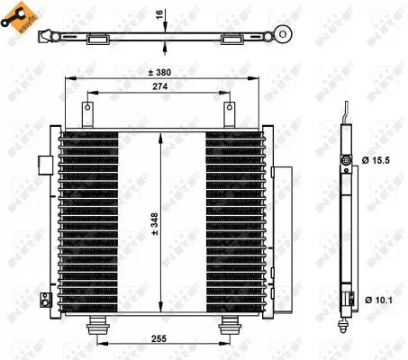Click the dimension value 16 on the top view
tap(159, 16)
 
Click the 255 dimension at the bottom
tap(159, 340)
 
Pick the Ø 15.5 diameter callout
tap(374, 160)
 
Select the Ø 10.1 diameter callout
tap(374, 299)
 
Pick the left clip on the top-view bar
tap(96, 38)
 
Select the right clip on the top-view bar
tap(229, 38)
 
